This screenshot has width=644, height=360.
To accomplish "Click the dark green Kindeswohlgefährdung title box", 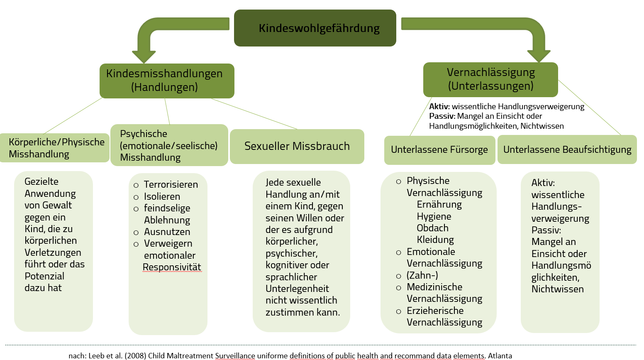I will tap(315, 28).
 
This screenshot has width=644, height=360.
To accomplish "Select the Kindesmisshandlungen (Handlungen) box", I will tap(167, 81).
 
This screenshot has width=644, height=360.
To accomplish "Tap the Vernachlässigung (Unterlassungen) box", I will tap(490, 79).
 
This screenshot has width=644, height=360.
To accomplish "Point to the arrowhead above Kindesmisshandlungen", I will tap(144, 56).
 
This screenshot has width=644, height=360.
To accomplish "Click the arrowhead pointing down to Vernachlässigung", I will tap(538, 56).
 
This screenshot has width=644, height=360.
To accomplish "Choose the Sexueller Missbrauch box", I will tap(297, 146).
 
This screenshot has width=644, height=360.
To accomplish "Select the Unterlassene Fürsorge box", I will tap(439, 150).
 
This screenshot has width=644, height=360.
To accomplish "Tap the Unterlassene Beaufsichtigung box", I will tap(567, 149).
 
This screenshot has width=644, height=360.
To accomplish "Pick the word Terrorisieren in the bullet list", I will tap(171, 184).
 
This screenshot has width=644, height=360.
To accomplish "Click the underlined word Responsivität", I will tap(172, 267).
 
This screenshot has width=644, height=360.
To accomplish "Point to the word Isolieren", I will tap(162, 196).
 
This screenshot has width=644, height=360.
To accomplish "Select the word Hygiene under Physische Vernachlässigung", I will tap(434, 216).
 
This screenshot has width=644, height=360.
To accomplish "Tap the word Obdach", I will tap(432, 228).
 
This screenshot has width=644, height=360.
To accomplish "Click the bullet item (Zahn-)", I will tap(422, 275).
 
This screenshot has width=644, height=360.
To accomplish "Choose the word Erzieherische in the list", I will tap(435, 311).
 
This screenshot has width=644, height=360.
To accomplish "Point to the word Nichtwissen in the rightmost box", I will tap(557, 289).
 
